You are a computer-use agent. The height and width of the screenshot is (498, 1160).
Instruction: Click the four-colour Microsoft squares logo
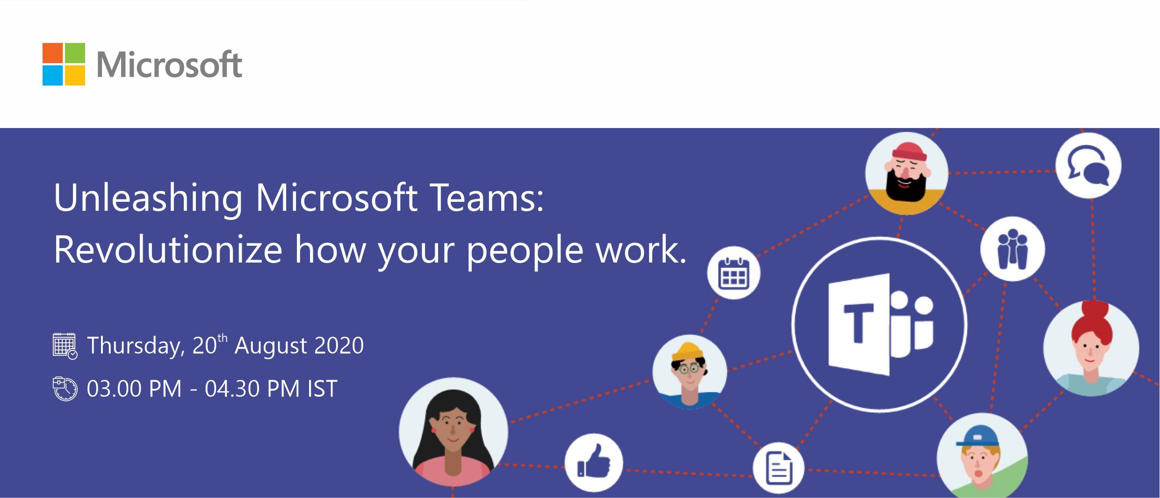(x=64, y=64)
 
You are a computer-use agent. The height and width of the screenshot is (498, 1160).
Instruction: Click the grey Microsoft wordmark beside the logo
(x=169, y=64)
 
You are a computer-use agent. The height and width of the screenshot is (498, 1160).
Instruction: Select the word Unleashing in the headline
(x=148, y=198)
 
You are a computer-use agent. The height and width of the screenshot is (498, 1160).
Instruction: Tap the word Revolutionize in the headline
(x=168, y=249)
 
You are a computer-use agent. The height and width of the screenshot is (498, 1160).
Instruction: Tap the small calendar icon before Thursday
(x=65, y=346)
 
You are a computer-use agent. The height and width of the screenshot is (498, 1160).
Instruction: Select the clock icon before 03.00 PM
(x=65, y=389)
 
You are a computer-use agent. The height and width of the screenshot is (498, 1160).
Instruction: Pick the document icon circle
(x=778, y=468)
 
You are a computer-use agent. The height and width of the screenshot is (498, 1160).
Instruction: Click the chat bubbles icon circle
(x=1088, y=165)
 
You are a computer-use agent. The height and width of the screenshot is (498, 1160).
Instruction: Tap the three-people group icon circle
(x=1013, y=249)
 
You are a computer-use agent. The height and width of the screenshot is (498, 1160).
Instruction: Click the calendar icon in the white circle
(x=734, y=273)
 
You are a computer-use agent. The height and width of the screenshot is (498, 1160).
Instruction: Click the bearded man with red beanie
(x=907, y=173)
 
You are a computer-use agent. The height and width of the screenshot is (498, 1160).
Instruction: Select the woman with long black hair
(x=453, y=432)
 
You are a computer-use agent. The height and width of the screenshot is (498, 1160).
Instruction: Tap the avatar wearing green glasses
(x=690, y=372)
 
